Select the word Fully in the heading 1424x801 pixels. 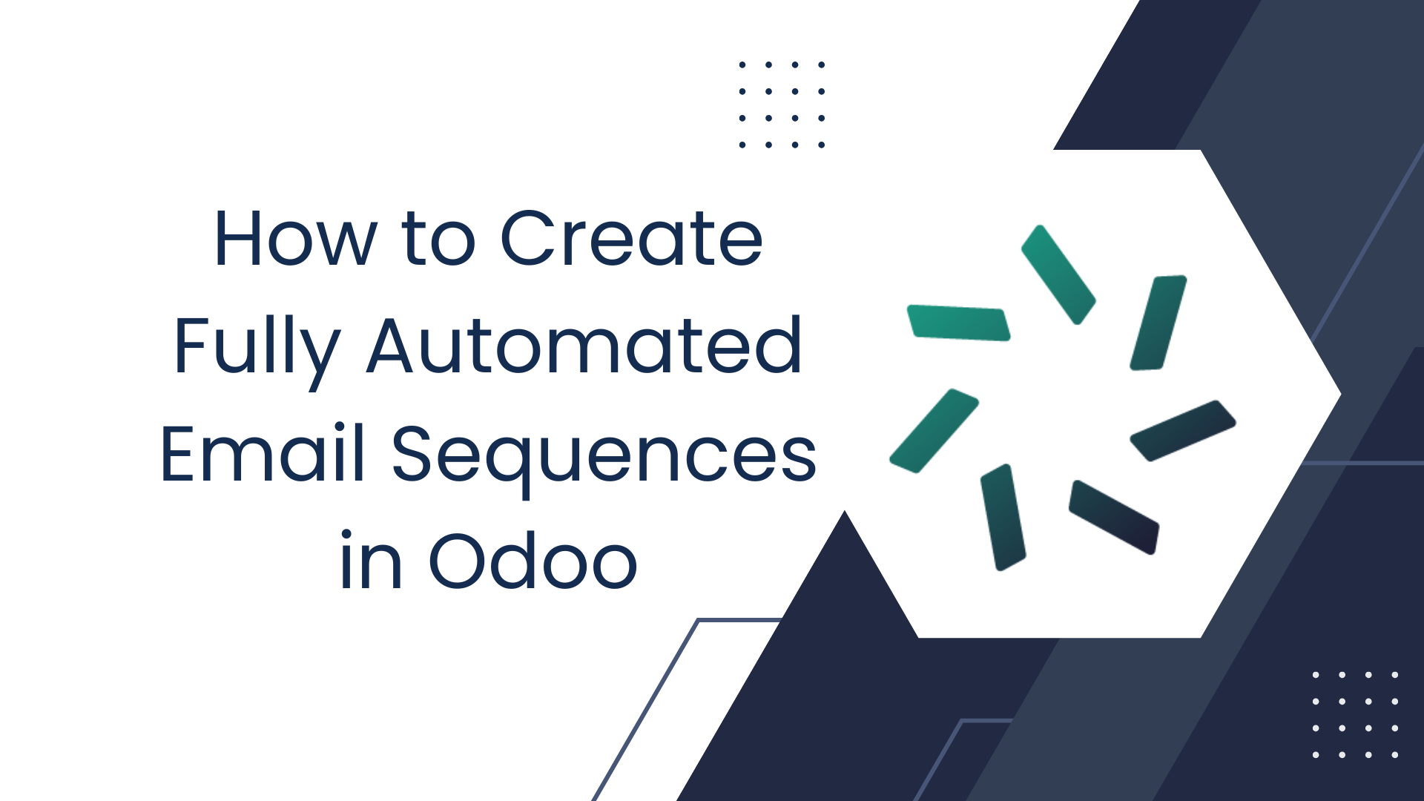[x=257, y=347]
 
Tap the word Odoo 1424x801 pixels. [x=533, y=561]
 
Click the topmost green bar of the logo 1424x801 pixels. [x=1058, y=274]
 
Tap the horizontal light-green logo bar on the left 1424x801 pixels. [x=958, y=323]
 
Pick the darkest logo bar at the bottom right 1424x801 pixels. [x=1113, y=517]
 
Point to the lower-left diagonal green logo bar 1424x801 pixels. [x=934, y=430]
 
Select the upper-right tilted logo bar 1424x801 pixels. [x=1158, y=323]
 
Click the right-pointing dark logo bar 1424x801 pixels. [x=1182, y=430]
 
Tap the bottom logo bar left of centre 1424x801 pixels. [x=1003, y=517]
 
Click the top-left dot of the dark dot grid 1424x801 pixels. [x=742, y=65]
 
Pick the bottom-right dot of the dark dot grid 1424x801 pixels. [x=822, y=145]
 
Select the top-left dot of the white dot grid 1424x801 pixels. [x=1316, y=675]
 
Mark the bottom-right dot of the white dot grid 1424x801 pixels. [x=1395, y=755]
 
